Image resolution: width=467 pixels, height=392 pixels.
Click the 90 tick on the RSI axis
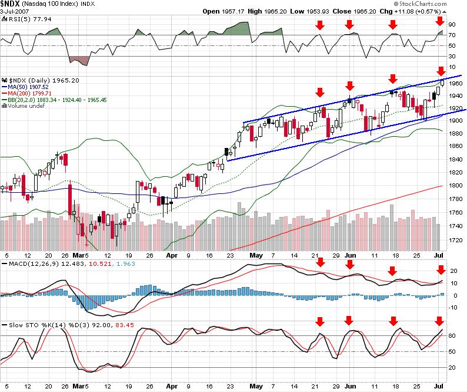coord(453,25)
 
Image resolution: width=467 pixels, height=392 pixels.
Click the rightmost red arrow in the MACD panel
coord(441,270)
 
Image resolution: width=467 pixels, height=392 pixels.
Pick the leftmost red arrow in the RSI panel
coord(320,25)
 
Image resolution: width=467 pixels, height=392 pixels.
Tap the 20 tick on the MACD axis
coord(453,271)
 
